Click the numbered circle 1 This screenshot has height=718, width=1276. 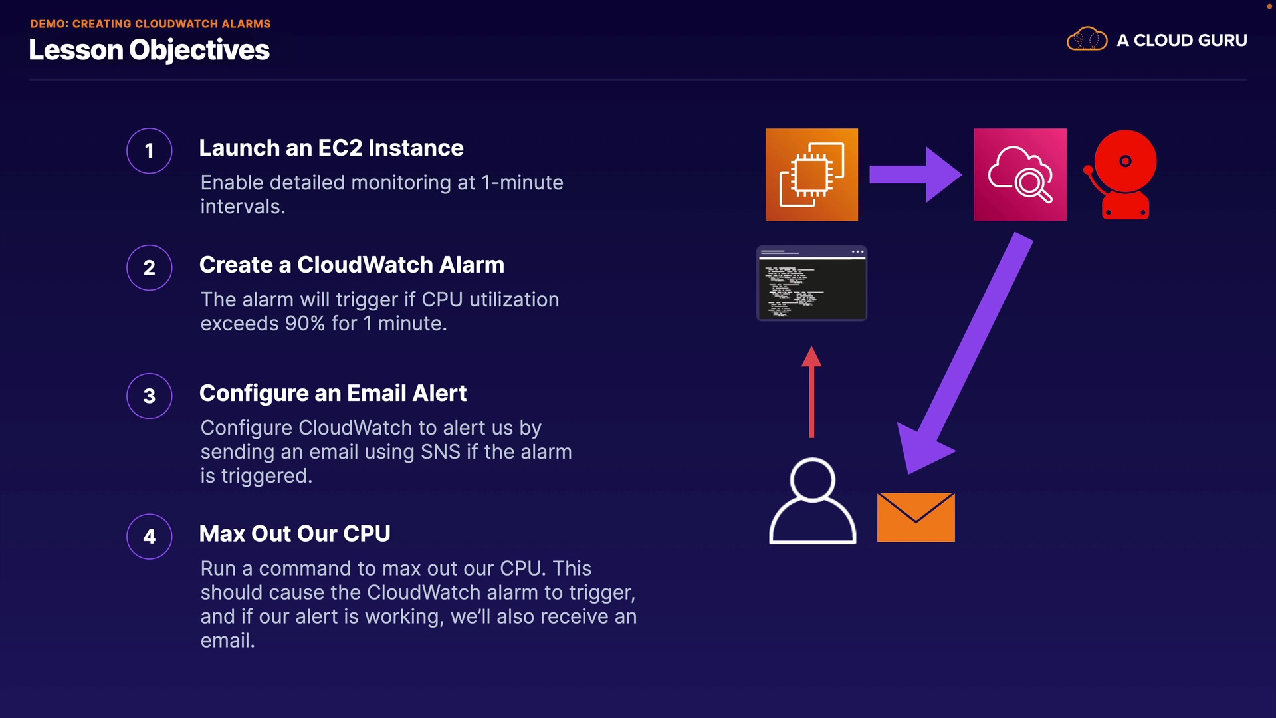click(150, 151)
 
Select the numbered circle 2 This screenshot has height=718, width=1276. click(150, 268)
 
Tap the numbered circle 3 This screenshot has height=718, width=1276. click(150, 396)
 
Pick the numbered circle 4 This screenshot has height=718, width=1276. click(150, 537)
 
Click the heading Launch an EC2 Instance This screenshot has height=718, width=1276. click(331, 148)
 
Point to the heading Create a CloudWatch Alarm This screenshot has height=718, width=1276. click(352, 265)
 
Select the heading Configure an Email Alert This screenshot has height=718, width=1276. click(333, 393)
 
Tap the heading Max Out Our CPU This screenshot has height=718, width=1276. click(294, 533)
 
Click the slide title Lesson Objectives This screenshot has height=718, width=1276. click(149, 50)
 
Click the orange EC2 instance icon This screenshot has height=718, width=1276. click(811, 174)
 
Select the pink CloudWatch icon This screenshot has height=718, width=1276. click(1020, 174)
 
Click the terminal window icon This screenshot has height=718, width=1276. click(811, 283)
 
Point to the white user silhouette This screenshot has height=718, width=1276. click(812, 501)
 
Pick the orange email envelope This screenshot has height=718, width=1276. click(916, 517)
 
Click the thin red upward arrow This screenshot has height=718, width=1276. click(811, 392)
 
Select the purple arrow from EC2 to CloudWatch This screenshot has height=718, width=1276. click(914, 174)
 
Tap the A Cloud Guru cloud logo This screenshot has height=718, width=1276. click(1087, 40)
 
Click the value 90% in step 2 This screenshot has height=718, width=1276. click(305, 324)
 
